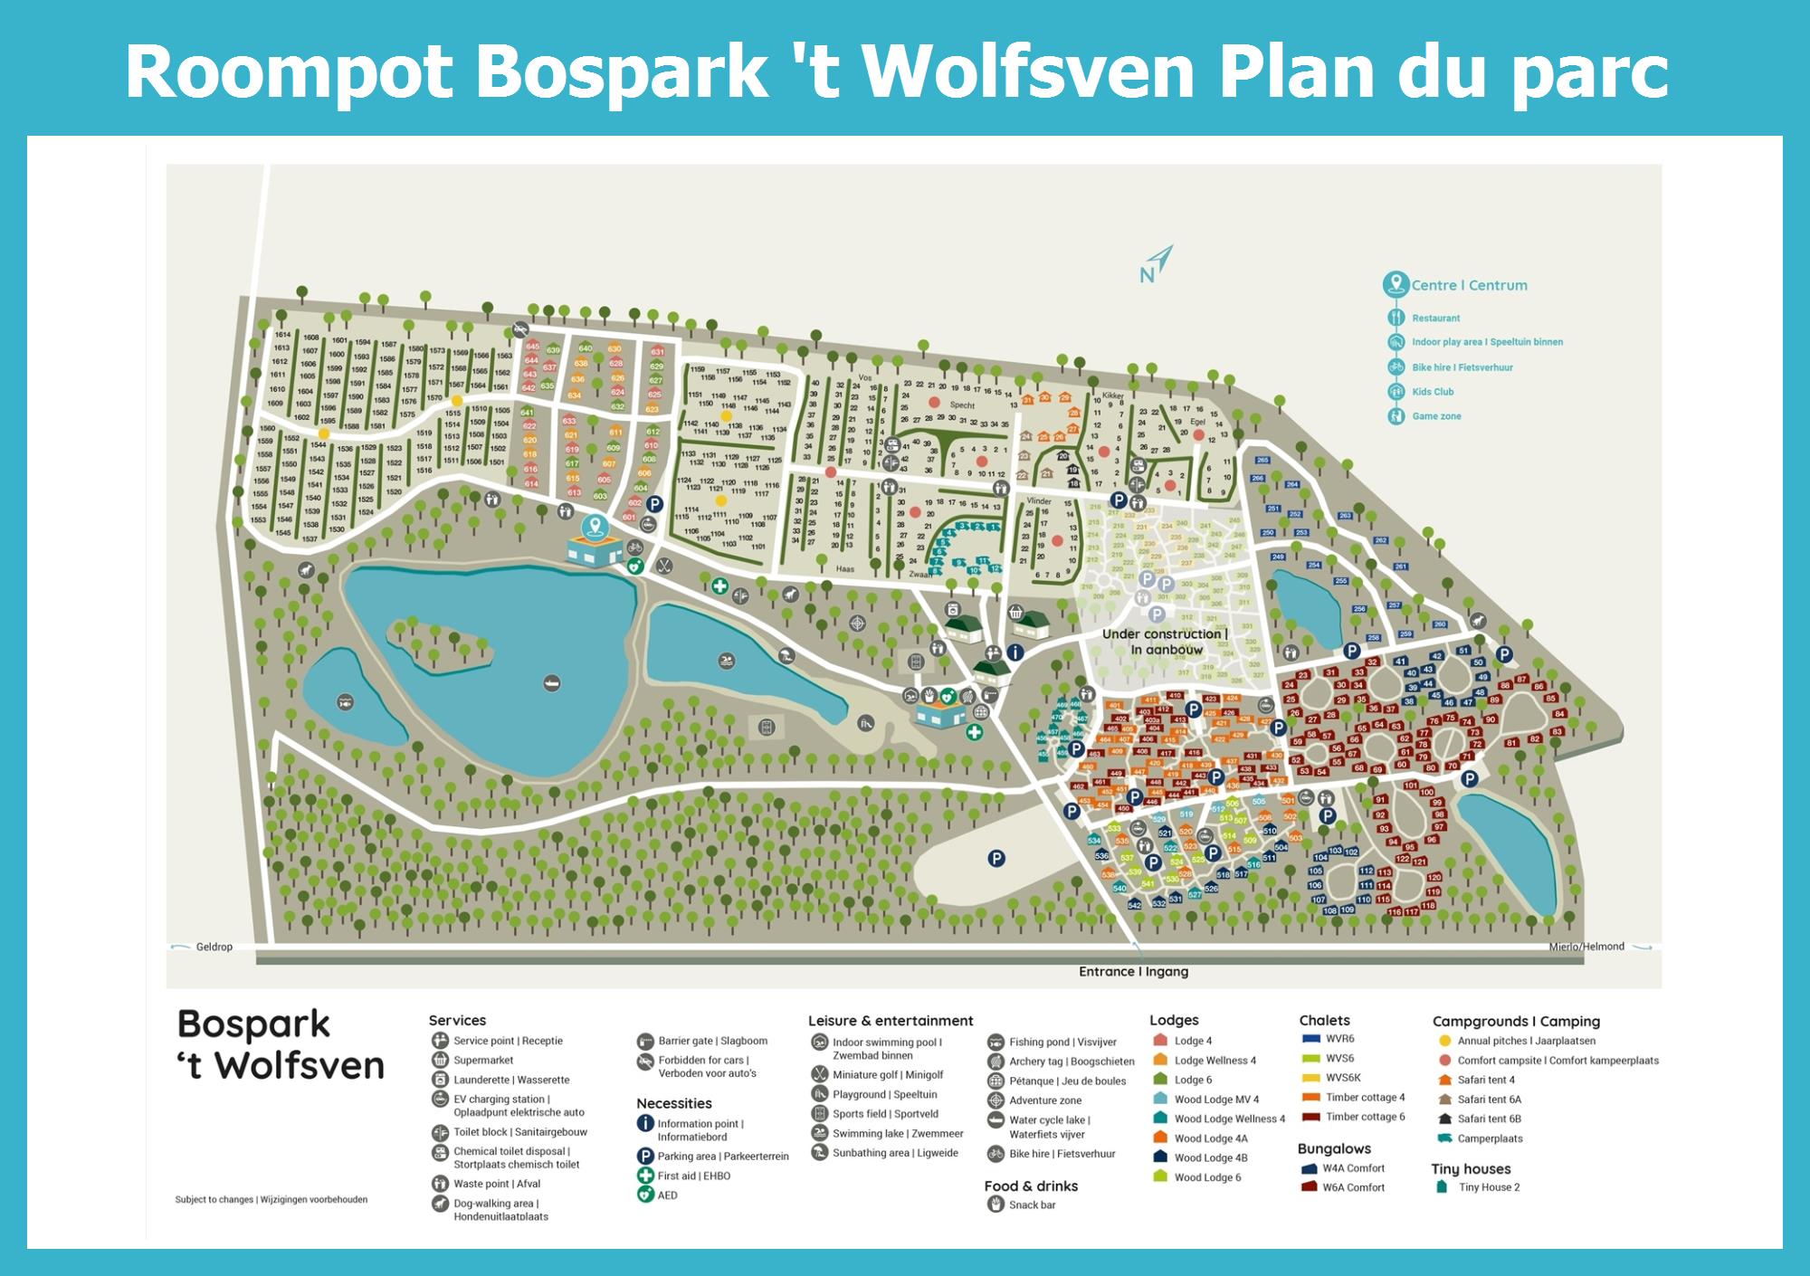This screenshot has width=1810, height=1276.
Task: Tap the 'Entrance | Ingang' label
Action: pyautogui.click(x=1133, y=972)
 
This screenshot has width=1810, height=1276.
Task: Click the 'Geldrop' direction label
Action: pyautogui.click(x=214, y=947)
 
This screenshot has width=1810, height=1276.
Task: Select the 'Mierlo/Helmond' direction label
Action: pyautogui.click(x=1586, y=947)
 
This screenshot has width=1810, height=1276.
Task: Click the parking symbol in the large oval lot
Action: pyautogui.click(x=996, y=859)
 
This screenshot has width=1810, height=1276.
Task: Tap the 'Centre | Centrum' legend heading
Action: pyautogui.click(x=1469, y=285)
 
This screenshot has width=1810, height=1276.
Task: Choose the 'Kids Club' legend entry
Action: pyautogui.click(x=1433, y=392)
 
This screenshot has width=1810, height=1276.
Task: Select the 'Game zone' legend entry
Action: pyautogui.click(x=1436, y=416)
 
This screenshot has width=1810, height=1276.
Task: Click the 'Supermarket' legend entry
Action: pyautogui.click(x=483, y=1061)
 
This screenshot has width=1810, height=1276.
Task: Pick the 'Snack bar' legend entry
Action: pyautogui.click(x=1032, y=1205)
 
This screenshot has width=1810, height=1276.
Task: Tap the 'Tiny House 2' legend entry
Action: pyautogui.click(x=1489, y=1187)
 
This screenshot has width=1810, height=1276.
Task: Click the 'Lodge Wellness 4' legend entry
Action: pyautogui.click(x=1215, y=1061)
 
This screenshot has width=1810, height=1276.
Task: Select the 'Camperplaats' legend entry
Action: pyautogui.click(x=1490, y=1138)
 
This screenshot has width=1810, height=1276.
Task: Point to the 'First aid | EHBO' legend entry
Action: pyautogui.click(x=693, y=1176)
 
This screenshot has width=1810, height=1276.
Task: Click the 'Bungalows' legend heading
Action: pyautogui.click(x=1334, y=1148)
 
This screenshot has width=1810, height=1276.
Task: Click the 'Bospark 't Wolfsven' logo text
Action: pyautogui.click(x=281, y=1045)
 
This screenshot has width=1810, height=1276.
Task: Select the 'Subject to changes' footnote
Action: pyautogui.click(x=271, y=1200)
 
